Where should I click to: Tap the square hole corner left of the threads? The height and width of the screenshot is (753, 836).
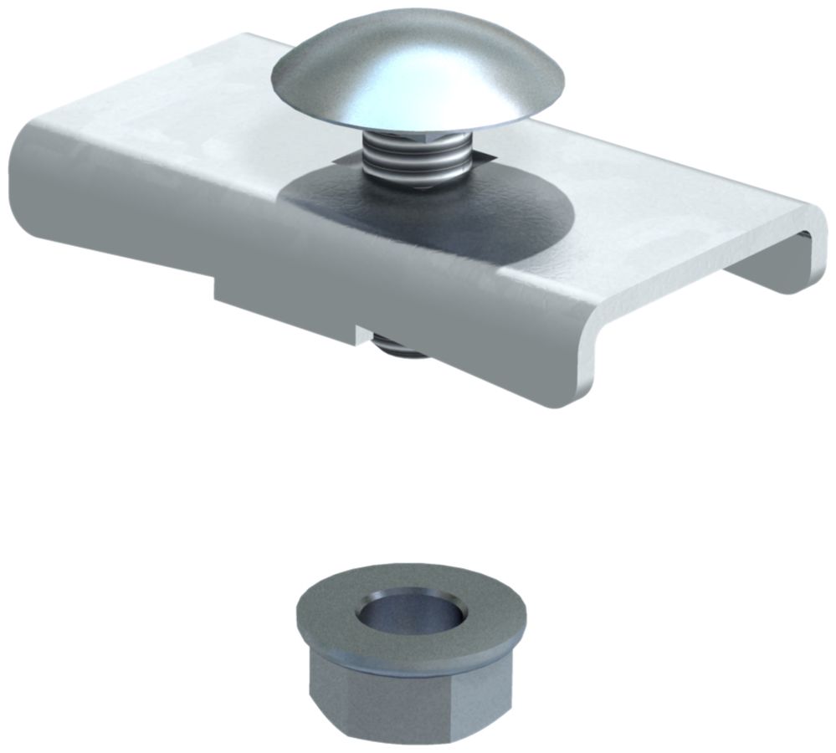click(x=338, y=158)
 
